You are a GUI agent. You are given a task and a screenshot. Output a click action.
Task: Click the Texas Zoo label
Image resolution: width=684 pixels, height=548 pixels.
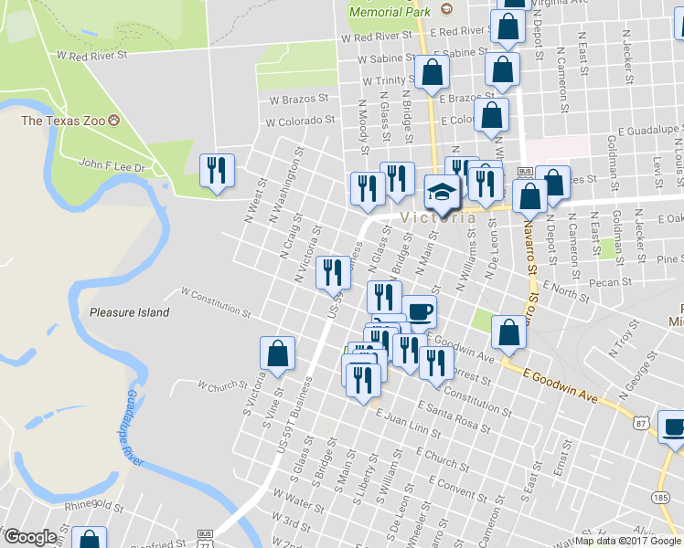tap(64, 121)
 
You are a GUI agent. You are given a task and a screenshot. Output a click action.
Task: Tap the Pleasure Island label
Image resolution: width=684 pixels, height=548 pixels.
tap(129, 312)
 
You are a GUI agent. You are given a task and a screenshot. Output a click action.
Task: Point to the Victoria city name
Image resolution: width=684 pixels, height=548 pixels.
tap(436, 218)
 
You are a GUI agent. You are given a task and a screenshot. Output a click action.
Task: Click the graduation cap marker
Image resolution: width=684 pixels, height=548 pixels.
tap(443, 194)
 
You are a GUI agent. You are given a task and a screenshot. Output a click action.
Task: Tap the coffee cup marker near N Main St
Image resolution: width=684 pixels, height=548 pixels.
tap(420, 312)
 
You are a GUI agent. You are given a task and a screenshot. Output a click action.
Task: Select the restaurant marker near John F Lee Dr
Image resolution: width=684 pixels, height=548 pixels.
tap(218, 170)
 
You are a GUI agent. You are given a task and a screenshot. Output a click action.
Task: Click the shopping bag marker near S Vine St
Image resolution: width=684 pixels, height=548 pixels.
tap(277, 354)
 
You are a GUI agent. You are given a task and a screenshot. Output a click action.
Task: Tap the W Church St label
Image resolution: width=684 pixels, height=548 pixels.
tap(217, 386)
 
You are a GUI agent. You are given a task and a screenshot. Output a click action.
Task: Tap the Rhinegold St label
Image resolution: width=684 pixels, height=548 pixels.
tap(94, 506)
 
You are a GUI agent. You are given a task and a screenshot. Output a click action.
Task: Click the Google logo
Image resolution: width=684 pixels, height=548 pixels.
tap(30, 537)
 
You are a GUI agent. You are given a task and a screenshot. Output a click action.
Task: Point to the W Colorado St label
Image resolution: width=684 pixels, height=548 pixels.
tap(300, 121)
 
